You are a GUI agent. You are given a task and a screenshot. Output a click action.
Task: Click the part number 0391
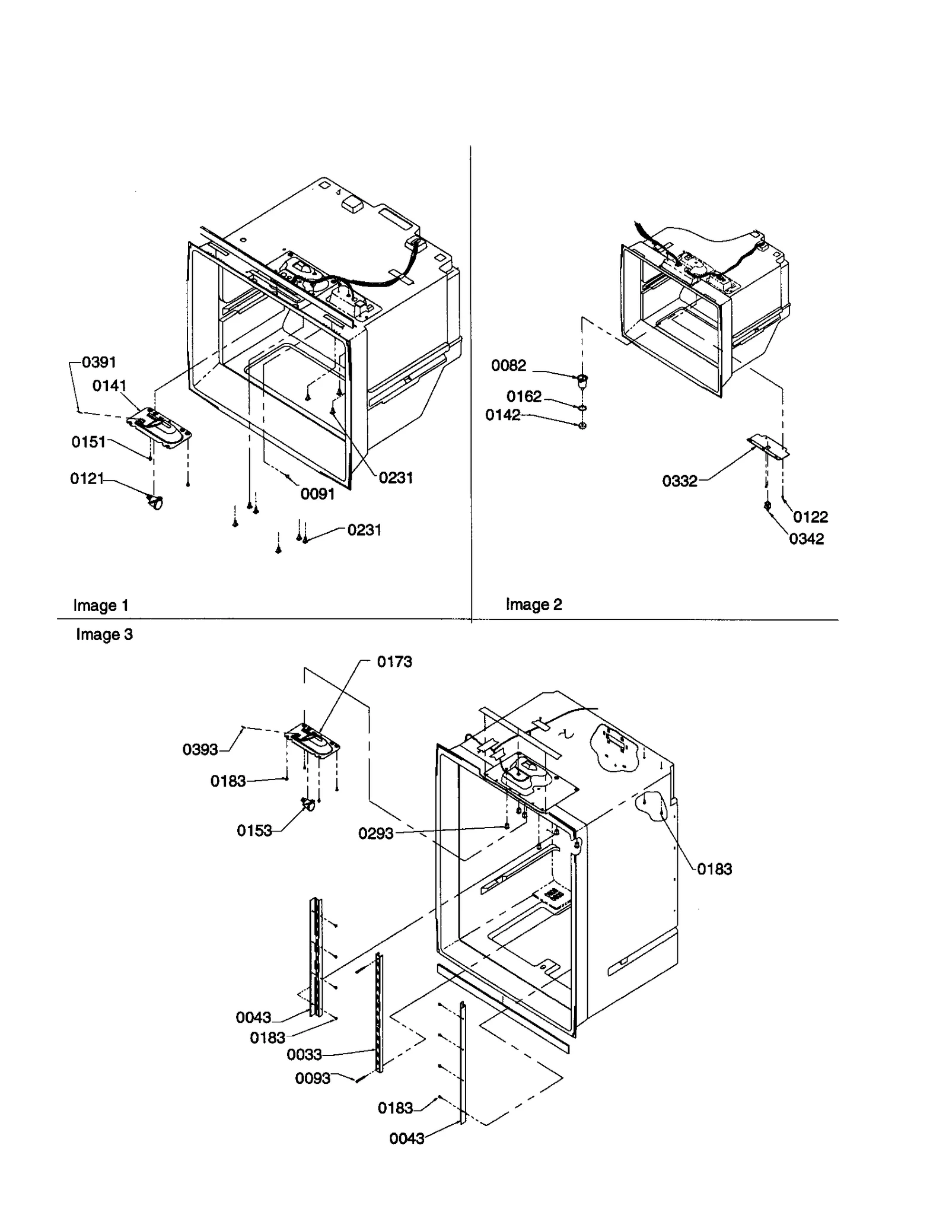(x=99, y=362)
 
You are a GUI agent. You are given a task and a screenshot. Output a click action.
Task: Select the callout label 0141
(x=110, y=386)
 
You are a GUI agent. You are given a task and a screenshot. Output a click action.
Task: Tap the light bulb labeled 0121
(x=155, y=503)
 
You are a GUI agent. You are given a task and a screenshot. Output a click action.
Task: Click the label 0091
(x=317, y=494)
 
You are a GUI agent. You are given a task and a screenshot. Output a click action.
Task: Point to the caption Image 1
(x=100, y=606)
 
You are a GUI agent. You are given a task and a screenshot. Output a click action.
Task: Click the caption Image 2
(x=533, y=605)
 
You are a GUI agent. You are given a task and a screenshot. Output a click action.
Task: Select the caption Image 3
(x=104, y=635)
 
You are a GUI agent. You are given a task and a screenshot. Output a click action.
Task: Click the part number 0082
(x=508, y=365)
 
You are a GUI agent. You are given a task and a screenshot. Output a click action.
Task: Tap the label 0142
(x=502, y=415)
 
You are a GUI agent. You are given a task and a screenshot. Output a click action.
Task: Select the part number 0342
(x=806, y=539)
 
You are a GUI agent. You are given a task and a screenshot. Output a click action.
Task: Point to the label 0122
(x=810, y=517)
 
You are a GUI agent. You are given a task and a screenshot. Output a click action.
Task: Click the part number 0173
(x=394, y=661)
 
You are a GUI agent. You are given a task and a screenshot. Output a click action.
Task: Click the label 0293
(x=375, y=834)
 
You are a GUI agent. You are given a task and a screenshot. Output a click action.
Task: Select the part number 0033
(x=304, y=1054)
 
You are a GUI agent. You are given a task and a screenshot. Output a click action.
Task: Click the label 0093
(x=313, y=1078)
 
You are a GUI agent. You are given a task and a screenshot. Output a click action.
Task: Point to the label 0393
(x=200, y=749)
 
